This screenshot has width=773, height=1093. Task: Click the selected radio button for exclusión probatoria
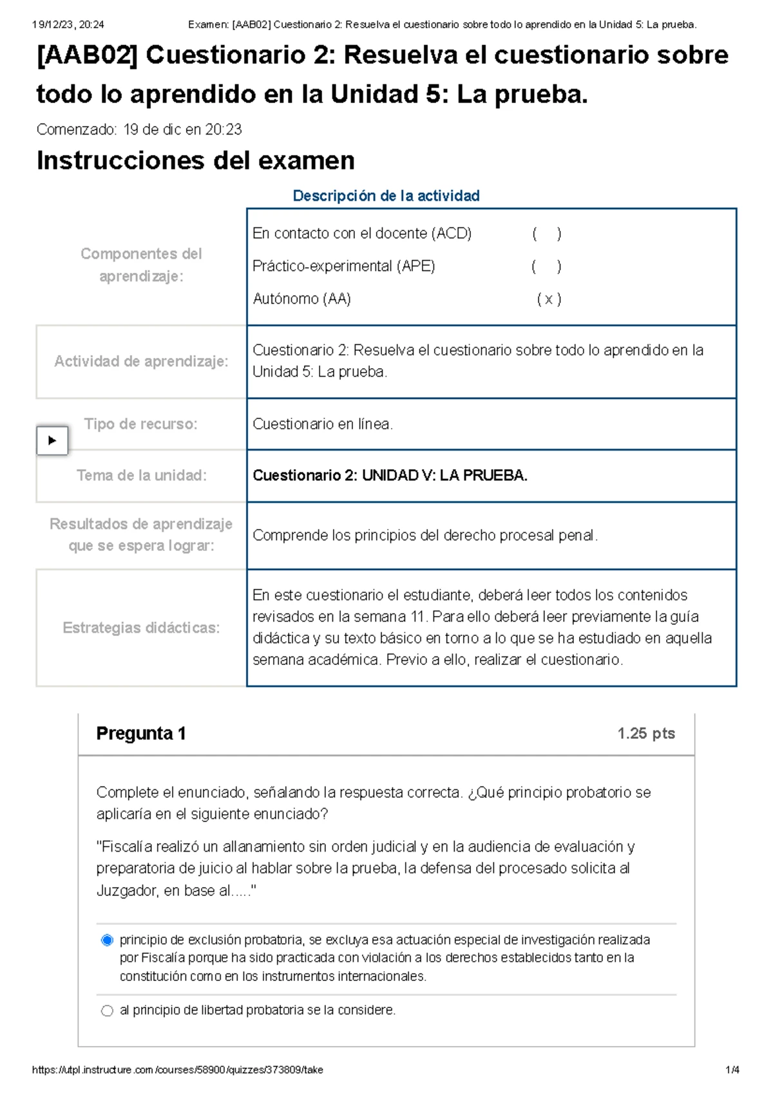[108, 940]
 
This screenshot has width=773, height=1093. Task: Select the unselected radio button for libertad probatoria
[108, 1011]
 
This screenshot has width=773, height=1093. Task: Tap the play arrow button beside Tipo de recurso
[52, 441]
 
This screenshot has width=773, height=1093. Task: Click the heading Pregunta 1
[141, 734]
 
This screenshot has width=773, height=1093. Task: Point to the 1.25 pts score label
[645, 734]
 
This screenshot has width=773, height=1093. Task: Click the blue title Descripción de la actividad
[386, 196]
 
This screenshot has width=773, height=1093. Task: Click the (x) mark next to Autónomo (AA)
[549, 299]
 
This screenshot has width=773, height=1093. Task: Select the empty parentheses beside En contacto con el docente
[547, 234]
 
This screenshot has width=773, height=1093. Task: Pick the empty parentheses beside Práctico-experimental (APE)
[546, 266]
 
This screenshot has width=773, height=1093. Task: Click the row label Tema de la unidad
[142, 476]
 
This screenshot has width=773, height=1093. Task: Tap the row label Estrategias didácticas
[141, 628]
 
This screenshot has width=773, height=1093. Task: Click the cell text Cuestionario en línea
[323, 424]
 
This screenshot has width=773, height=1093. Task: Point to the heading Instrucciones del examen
[196, 161]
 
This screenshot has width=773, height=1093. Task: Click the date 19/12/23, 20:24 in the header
[68, 24]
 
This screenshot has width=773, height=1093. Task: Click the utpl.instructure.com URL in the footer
[177, 1070]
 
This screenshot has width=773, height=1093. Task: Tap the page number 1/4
[732, 1070]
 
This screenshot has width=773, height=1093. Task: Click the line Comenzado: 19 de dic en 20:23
[139, 130]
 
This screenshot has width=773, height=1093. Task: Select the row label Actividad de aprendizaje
[141, 362]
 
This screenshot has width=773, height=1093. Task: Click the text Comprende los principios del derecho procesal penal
[425, 536]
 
